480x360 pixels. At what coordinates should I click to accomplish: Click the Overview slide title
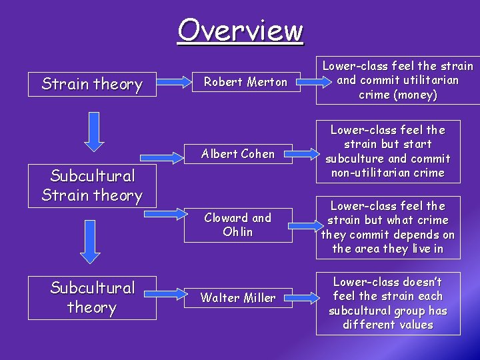tap(240, 30)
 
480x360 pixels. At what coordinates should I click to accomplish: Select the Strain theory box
tap(92, 84)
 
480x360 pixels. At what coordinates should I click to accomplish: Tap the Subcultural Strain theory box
tap(92, 185)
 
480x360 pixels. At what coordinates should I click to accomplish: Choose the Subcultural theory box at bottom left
tap(92, 297)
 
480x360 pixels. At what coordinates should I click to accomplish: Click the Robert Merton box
tap(245, 82)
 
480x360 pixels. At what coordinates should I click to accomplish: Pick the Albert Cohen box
tap(239, 154)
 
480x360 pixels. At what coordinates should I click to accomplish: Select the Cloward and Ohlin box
tap(238, 225)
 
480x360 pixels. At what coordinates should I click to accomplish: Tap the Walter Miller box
tap(238, 298)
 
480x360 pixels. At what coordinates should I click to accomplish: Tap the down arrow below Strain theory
tap(94, 134)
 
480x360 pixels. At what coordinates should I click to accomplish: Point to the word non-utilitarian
tap(365, 173)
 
